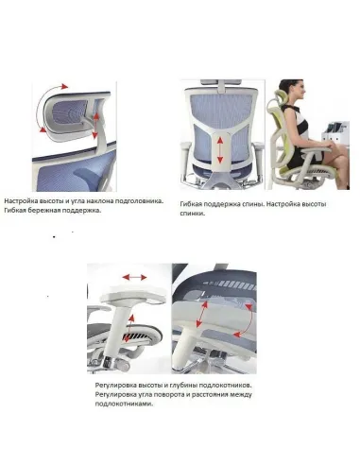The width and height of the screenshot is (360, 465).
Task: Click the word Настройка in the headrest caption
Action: pyautogui.click(x=24, y=201)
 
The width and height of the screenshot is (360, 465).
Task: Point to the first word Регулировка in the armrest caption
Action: pyautogui.click(x=114, y=386)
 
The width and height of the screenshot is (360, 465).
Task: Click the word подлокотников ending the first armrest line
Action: pyautogui.click(x=231, y=386)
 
